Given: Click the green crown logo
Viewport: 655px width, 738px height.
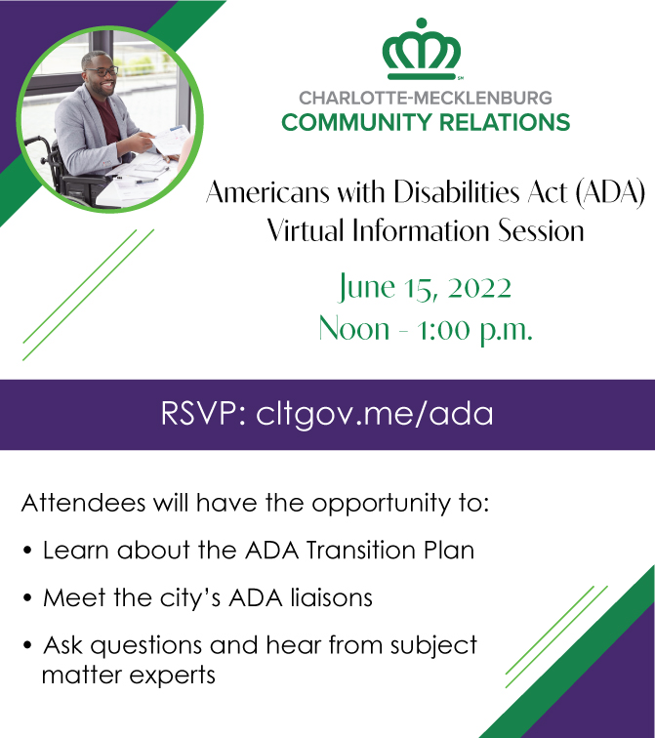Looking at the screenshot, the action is coord(421,49).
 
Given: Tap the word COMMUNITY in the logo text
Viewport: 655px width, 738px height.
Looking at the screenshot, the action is coord(356,122).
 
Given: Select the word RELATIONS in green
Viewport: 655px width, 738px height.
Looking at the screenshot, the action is coord(505,122).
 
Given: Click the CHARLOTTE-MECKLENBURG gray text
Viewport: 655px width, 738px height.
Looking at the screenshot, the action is coord(426,98).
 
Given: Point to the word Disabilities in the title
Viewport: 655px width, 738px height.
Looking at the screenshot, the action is coord(457,192).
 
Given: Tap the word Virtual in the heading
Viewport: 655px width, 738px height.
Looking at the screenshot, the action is coord(306,230).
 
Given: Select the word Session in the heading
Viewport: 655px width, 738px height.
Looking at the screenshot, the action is coord(541,230).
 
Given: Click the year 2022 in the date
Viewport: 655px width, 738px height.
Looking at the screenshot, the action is coord(479,288).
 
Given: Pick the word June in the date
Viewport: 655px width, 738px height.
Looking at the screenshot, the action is coord(367,288).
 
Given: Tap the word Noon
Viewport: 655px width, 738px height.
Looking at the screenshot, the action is coord(353,329).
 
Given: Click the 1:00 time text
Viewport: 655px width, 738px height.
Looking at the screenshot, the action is coord(443,330).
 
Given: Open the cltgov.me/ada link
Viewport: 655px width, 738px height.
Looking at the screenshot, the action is coord(375,415).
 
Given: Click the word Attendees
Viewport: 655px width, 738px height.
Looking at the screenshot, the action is coord(84,503).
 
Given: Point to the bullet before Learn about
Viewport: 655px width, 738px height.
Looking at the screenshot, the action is coord(27,550).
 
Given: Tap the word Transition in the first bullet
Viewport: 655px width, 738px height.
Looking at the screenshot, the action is coord(361,550).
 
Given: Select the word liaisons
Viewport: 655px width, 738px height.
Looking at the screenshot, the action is coord(331,597).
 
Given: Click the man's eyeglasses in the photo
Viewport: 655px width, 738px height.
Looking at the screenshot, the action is coord(103,71).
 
